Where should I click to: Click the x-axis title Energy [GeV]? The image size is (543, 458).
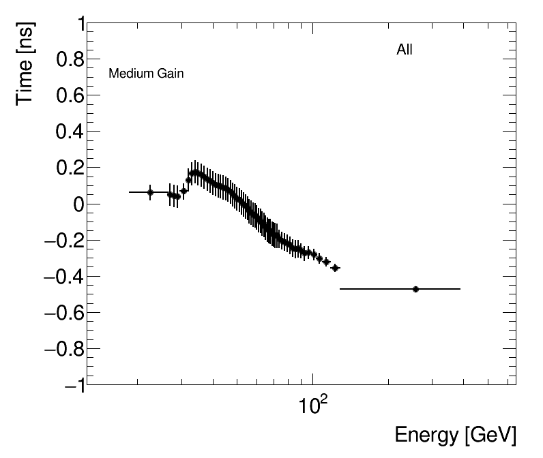455,436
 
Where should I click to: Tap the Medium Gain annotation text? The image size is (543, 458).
146,74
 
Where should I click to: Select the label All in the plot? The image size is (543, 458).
405,50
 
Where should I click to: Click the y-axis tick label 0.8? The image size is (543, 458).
67,60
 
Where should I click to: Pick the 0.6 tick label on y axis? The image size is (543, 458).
67,96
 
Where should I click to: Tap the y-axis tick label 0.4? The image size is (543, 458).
67,132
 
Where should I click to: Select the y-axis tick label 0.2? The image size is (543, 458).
67,168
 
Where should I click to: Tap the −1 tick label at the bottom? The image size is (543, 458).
71,385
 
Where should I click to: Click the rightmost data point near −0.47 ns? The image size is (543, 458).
415,289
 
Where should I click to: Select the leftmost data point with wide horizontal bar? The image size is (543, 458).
150,192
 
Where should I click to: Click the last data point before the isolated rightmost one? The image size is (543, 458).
335,268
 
